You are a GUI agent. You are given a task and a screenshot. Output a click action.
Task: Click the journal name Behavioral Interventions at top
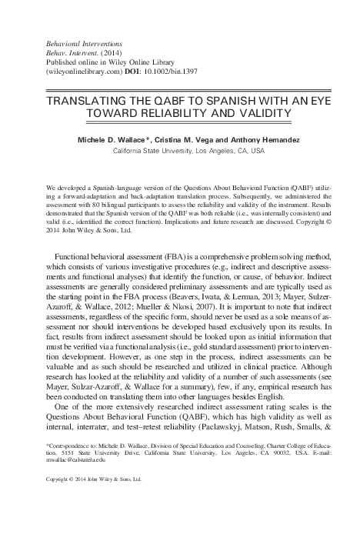click(82, 35)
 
